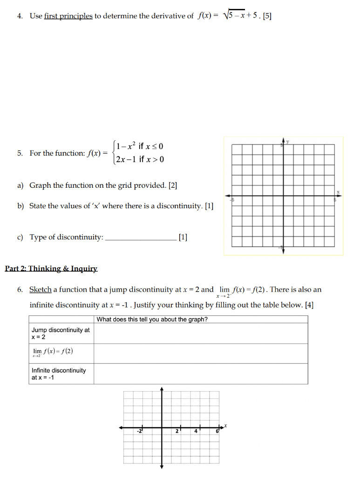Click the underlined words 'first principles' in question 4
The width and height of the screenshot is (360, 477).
coord(68,16)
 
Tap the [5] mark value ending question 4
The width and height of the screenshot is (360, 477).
coord(267,16)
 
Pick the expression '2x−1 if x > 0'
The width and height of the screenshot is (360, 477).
coord(140,160)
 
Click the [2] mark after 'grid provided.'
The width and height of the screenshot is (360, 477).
coord(173,185)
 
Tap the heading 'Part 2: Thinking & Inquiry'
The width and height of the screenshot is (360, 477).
coord(51,269)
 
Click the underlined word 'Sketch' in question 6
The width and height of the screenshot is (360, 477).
coord(40,290)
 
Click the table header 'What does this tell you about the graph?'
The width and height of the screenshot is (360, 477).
coord(152,320)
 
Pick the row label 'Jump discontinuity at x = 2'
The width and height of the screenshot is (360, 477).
coord(61,334)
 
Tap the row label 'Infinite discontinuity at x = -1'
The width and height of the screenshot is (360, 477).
coord(59,374)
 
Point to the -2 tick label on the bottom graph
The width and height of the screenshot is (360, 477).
coord(139,432)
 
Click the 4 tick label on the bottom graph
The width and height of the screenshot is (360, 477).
coord(196,432)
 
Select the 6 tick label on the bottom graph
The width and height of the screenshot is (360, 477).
coord(217,432)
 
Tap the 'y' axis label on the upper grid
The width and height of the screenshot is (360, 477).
coord(287,142)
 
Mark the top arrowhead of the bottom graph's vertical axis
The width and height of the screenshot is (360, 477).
coord(162,388)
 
